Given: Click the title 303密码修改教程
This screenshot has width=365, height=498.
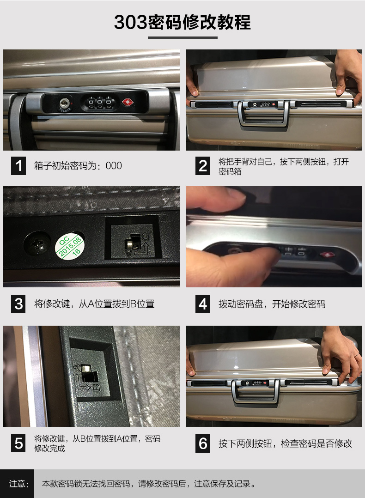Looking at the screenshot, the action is (182, 22).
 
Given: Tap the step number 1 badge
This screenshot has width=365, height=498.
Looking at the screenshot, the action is (18, 165).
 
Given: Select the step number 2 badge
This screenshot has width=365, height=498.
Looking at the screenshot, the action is (203, 166).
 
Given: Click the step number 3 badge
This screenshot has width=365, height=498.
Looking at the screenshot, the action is (18, 304).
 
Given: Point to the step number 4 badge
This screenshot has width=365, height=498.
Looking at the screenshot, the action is (203, 304).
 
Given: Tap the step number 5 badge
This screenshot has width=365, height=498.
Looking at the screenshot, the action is (18, 443).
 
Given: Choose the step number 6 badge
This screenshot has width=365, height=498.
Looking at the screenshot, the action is (203, 443).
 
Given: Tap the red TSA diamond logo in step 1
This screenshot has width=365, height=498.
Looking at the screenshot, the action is (128, 102).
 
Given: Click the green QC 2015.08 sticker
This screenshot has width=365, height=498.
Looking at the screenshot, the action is (70, 247).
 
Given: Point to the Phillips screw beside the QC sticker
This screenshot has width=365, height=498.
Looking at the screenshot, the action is (37, 244).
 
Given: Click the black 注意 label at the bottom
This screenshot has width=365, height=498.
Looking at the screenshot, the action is (17, 484).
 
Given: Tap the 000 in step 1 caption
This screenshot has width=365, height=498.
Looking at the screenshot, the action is (114, 165).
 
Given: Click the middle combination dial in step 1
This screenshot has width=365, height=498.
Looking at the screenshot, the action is (100, 103).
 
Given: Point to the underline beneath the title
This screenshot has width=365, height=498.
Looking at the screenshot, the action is (182, 37).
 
